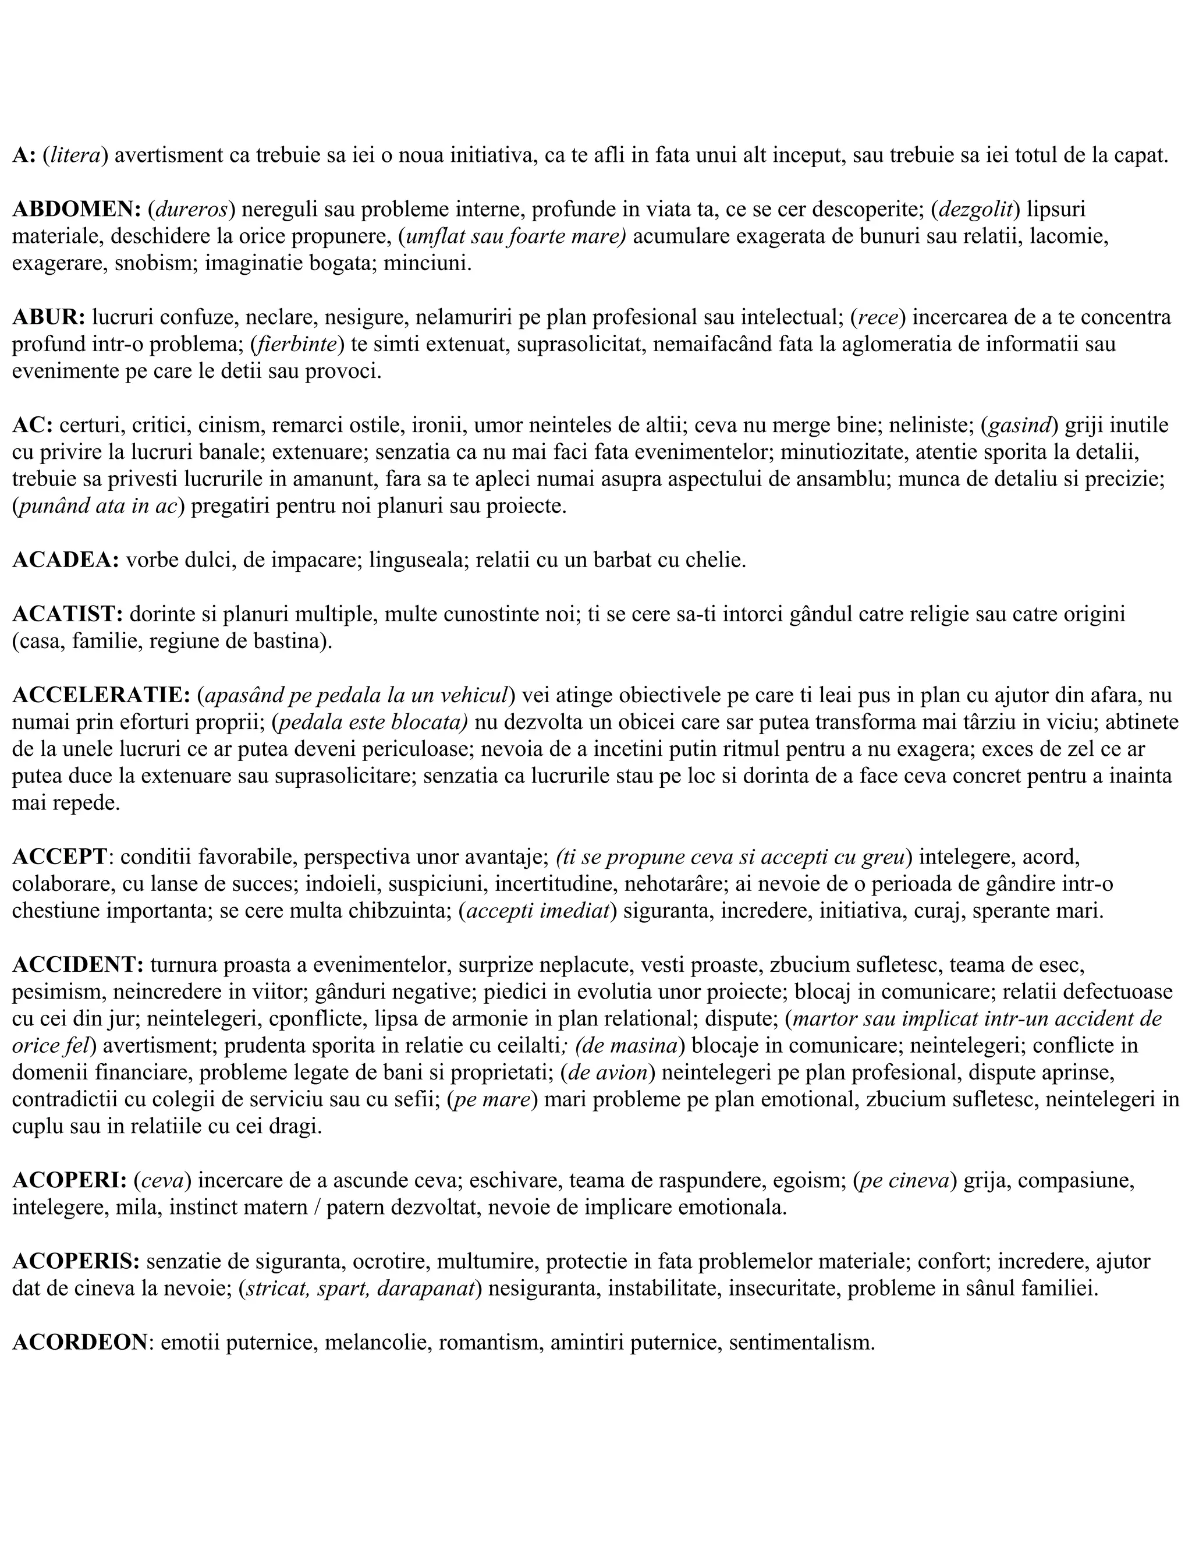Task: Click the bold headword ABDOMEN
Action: pos(76,209)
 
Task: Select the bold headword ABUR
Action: pos(47,317)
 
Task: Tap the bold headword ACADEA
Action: pos(65,560)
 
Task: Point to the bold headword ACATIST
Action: pos(67,615)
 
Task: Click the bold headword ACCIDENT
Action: pos(77,965)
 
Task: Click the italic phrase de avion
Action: pos(608,1073)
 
